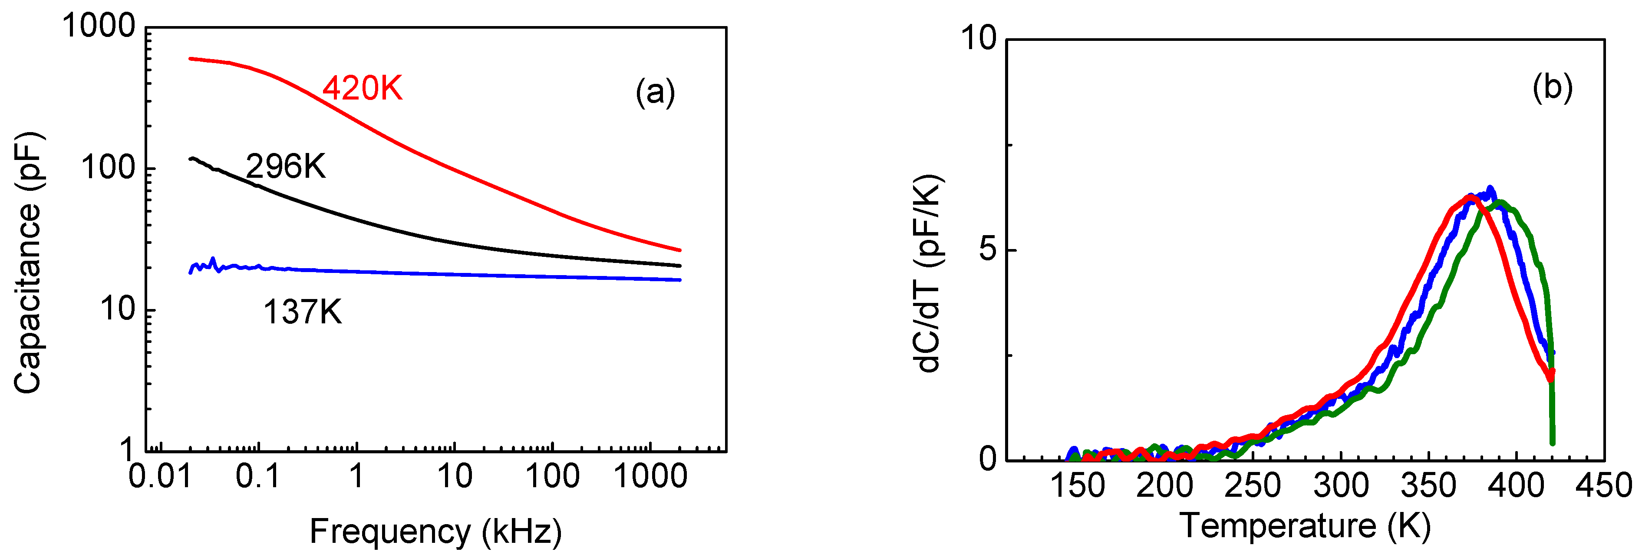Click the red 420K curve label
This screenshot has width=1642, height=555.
pyautogui.click(x=362, y=88)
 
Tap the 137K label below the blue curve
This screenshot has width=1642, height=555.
pyautogui.click(x=302, y=312)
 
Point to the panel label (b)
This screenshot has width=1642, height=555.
pyautogui.click(x=1552, y=87)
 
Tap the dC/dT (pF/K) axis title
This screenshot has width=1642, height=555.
pyautogui.click(x=928, y=273)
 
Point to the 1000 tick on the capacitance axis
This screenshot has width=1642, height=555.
pyautogui.click(x=99, y=27)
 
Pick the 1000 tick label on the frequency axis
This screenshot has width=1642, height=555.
pyautogui.click(x=650, y=476)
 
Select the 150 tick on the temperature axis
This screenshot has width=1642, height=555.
pyautogui.click(x=1077, y=485)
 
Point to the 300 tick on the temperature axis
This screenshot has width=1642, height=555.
pyautogui.click(x=1341, y=485)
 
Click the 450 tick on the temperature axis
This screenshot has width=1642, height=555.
pyautogui.click(x=1604, y=485)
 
